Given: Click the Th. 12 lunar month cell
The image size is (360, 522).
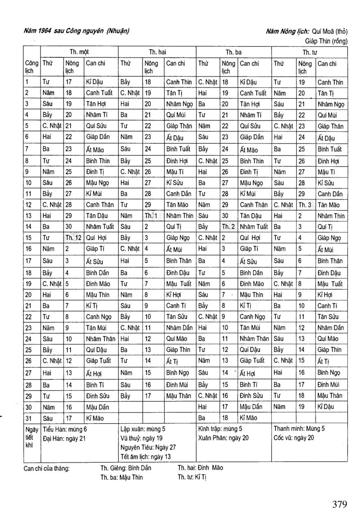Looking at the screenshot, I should pos(73,238).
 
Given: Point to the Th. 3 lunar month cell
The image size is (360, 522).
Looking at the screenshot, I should pos(306,205).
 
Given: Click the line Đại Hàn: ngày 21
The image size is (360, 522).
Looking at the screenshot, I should pos(64,438).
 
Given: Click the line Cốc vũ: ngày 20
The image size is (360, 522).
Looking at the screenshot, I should pos(294,438).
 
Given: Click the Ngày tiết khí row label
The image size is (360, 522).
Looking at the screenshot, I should pos(31,438).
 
